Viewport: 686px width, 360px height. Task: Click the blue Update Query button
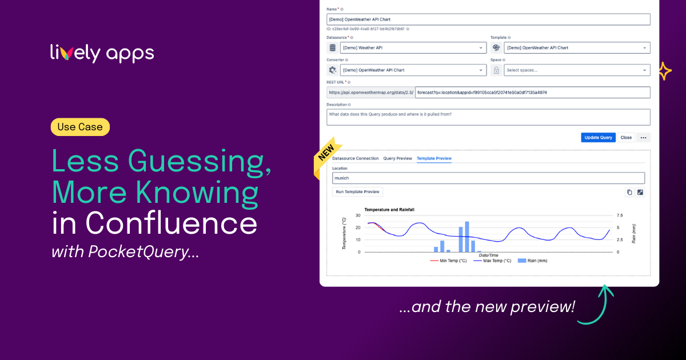(598, 138)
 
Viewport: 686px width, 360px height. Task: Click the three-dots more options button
(644, 138)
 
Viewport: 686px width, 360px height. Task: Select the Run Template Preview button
(357, 192)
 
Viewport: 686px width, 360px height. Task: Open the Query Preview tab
(397, 158)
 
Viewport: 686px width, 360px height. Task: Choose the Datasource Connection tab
(355, 158)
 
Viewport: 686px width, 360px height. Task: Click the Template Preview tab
(434, 158)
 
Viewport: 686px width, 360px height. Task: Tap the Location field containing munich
(488, 178)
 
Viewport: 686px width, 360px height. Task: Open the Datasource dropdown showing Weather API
(413, 48)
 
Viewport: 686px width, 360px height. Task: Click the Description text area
(488, 117)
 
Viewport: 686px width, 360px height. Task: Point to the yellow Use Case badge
(80, 127)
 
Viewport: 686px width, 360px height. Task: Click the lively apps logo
(102, 53)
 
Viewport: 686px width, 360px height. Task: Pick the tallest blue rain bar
(467, 237)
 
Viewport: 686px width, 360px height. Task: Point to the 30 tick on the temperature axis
(358, 215)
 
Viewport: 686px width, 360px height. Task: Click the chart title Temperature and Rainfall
(389, 210)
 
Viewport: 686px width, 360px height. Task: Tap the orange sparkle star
(664, 71)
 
